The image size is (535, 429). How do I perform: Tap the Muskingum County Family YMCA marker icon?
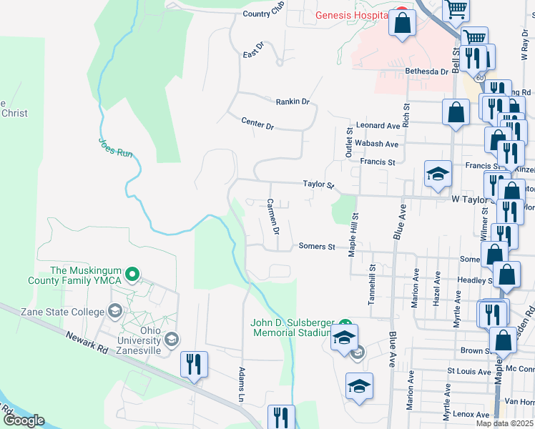click(132, 274)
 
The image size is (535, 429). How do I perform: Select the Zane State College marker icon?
click(114, 310)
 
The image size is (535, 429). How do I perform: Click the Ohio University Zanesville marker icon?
click(171, 339)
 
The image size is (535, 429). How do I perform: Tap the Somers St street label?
click(317, 247)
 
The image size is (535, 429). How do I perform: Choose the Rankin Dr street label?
click(293, 102)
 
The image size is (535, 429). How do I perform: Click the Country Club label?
click(264, 14)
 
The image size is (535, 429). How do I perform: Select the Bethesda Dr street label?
click(426, 71)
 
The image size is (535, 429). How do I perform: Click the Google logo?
click(23, 420)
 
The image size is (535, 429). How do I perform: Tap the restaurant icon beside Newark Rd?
click(194, 364)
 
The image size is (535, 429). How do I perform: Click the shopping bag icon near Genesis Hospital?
click(403, 23)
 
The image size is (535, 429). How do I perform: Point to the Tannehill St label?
click(372, 289)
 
